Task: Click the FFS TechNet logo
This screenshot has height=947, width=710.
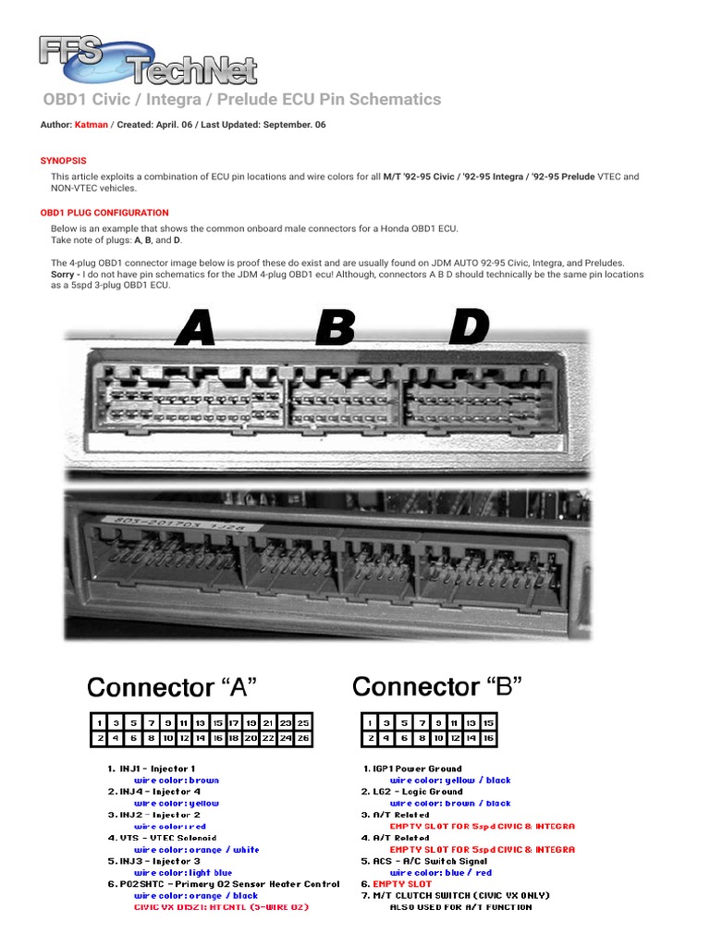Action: click(x=148, y=59)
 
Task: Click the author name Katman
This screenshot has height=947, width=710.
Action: click(x=92, y=125)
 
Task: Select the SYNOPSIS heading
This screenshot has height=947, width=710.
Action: click(x=63, y=161)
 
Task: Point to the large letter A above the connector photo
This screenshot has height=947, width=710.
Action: click(x=195, y=329)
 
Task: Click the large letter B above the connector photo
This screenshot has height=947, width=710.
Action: click(x=335, y=329)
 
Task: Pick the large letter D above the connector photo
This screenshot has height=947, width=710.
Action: click(x=469, y=327)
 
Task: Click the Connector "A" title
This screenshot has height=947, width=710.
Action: click(x=171, y=688)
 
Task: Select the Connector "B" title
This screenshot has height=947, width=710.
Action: click(x=437, y=687)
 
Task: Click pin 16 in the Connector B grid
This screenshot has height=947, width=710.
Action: click(x=489, y=739)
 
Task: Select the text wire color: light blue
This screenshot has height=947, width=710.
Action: click(x=183, y=873)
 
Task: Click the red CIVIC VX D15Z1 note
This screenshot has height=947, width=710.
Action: click(x=221, y=907)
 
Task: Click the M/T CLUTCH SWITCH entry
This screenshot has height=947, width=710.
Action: click(x=460, y=895)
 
